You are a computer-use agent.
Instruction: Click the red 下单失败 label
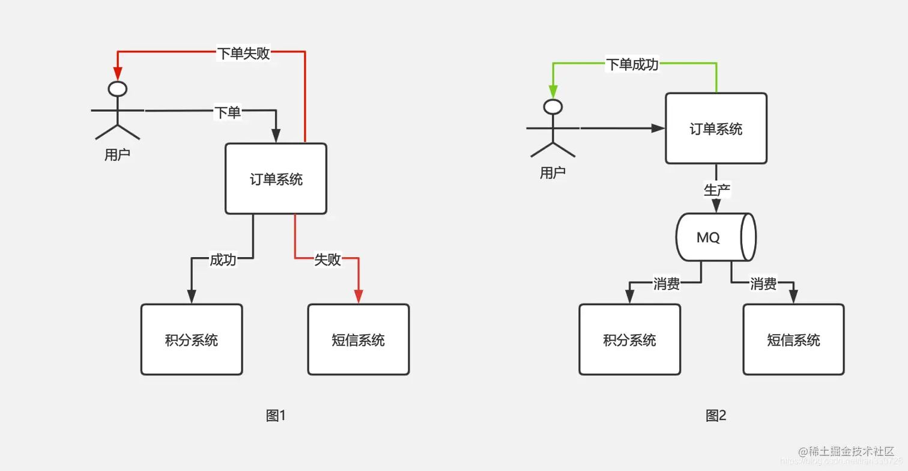pos(243,53)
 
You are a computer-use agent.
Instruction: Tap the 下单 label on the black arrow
pos(228,112)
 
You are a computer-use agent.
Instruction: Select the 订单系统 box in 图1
pos(276,178)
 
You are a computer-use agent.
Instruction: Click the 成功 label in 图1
pos(222,260)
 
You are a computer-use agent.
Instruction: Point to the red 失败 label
pos(328,260)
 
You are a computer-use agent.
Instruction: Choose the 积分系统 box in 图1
pos(192,339)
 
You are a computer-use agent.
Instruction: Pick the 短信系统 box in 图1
pos(359,339)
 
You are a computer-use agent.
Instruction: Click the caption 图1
pos(276,415)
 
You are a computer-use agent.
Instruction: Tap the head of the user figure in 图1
pos(117,89)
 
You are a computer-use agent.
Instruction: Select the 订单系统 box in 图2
pos(716,128)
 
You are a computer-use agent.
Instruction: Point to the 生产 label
pos(716,190)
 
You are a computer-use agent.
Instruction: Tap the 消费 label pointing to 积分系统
pos(666,284)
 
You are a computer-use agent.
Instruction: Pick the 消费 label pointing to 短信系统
pos(763,284)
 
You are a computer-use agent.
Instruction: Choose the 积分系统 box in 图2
pos(629,339)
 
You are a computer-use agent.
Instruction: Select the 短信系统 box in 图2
pos(793,339)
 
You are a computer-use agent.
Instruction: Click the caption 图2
pos(716,415)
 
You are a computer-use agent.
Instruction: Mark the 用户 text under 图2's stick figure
pos(552,173)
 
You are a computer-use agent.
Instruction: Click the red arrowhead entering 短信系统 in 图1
pos(359,296)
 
